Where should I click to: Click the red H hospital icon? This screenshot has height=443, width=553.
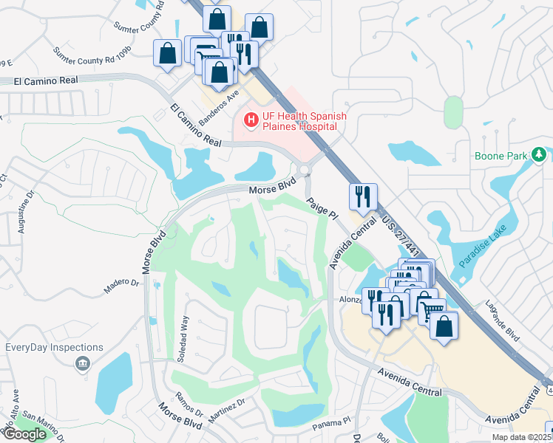point(251,118)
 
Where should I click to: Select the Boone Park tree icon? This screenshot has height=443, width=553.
point(540,154)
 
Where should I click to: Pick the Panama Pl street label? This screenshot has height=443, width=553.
point(330,422)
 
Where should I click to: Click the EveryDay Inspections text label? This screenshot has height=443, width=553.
point(54,347)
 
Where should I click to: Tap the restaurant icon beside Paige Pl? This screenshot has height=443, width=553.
point(362,196)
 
